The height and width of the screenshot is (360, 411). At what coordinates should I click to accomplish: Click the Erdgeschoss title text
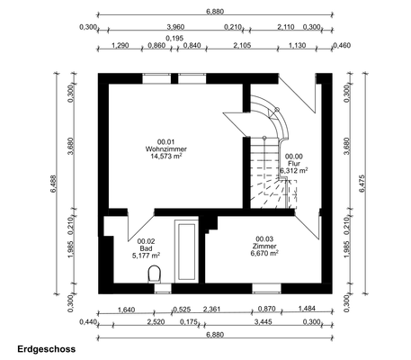47,349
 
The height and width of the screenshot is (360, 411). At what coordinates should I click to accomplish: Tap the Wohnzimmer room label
166,148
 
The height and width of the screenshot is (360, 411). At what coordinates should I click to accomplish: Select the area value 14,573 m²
166,157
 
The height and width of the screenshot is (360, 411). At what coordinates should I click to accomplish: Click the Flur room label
294,164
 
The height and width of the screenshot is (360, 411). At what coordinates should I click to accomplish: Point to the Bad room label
146,248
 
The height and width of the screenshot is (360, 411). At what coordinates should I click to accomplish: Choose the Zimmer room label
264,247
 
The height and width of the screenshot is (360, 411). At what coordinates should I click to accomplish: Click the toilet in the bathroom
155,274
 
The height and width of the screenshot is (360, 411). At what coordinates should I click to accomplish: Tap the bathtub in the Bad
186,251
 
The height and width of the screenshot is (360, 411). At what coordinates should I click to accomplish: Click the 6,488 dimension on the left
53,184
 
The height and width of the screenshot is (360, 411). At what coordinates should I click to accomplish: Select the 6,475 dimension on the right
362,184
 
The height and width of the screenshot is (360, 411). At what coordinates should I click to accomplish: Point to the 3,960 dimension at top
175,27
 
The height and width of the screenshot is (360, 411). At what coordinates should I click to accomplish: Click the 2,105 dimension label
242,46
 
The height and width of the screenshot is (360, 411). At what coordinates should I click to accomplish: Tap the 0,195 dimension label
174,38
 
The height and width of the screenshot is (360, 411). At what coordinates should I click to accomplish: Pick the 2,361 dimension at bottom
211,309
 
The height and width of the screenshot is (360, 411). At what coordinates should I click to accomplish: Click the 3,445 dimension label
263,322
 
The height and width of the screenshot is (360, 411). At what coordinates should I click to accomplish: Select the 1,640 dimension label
126,310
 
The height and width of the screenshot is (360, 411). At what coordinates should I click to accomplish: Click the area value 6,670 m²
264,254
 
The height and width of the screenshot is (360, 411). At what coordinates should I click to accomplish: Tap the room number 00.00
294,157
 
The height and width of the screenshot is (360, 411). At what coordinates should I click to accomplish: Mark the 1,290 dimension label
121,46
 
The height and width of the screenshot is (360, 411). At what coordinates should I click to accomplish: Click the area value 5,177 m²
146,256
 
